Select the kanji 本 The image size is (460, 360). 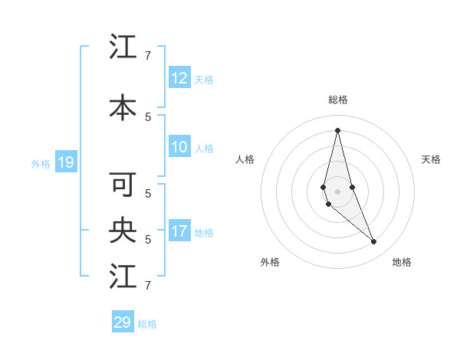coord(123,108)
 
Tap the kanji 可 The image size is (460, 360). coord(123,185)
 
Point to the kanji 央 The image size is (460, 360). coord(123,230)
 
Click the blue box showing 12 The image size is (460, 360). coord(179,78)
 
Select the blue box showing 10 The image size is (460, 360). coord(179,148)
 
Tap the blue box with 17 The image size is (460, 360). coord(179,231)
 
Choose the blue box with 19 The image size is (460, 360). coord(65,162)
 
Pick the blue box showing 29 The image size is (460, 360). coord(123,322)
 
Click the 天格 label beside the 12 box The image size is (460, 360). coord(204,79)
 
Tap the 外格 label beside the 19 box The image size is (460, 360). coord(41,163)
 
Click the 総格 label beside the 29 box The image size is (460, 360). coord(147,324)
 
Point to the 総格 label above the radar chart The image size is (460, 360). coord(337,100)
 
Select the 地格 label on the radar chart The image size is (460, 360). coord(402,262)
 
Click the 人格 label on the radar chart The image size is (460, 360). coord(245,159)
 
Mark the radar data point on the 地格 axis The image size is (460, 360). coord(374,242)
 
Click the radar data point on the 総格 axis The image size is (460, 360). coord(337,130)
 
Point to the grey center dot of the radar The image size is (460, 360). coord(337,191)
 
